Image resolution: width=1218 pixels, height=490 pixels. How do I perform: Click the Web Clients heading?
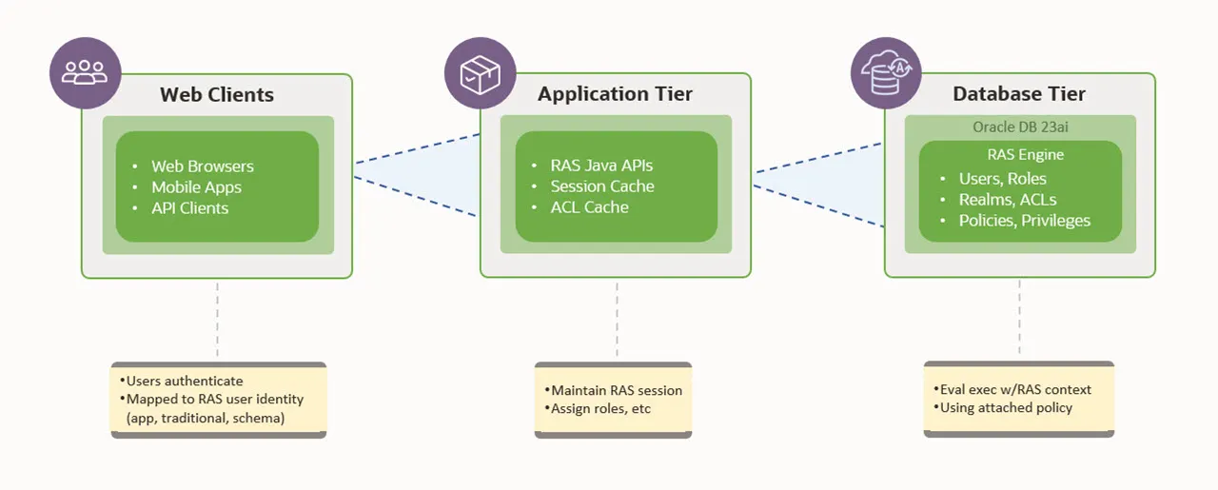point(216,94)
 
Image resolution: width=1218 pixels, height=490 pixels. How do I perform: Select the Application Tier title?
point(615,93)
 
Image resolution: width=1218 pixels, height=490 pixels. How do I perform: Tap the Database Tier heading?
point(1019,93)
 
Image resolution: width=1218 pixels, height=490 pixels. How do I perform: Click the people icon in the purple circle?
point(84,71)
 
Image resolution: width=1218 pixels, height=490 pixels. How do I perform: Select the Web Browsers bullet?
point(203,167)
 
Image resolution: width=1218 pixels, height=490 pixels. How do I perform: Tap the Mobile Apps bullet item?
point(196,187)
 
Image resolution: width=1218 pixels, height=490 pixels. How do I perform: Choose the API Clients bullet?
point(190,207)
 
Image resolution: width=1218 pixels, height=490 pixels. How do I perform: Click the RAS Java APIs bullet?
point(601,166)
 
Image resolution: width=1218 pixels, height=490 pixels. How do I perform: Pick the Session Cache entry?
point(602,186)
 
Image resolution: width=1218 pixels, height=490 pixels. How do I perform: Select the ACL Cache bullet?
point(589,207)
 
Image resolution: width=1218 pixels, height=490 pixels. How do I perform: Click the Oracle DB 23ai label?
point(1019,127)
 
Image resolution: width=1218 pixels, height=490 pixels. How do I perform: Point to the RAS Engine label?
point(1019,154)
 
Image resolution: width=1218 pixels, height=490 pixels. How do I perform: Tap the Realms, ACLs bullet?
point(1008,200)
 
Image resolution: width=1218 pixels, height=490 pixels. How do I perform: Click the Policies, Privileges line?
point(1025,221)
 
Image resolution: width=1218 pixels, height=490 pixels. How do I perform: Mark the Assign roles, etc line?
point(600,408)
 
